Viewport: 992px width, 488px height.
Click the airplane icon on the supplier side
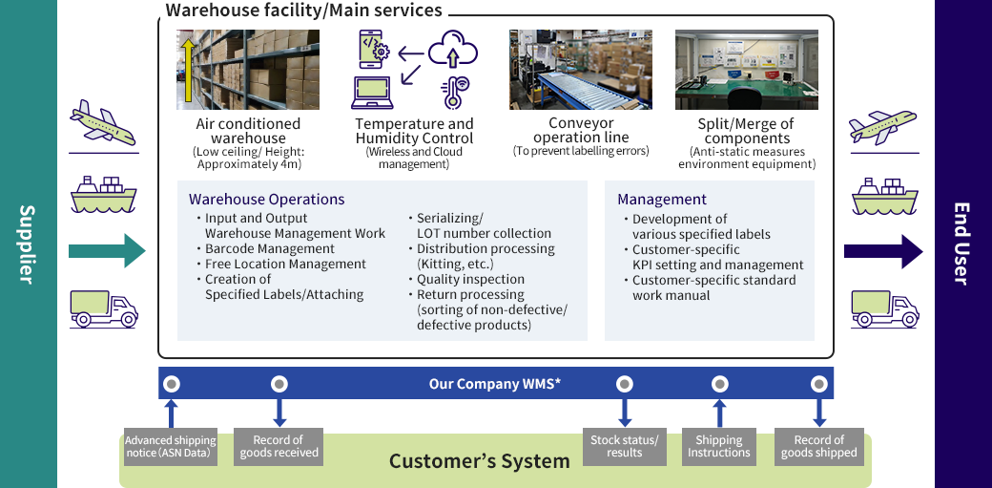[104, 122]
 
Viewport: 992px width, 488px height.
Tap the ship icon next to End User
[883, 198]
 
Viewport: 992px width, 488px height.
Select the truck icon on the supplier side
[104, 308]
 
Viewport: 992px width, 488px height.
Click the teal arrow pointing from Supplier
[106, 252]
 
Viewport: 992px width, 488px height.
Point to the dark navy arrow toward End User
[883, 252]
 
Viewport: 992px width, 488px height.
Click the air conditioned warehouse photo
[235, 70]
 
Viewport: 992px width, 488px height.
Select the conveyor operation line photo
[580, 70]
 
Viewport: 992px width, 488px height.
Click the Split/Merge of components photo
[747, 70]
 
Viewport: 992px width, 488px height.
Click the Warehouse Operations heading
[266, 200]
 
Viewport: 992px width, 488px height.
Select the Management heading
[662, 200]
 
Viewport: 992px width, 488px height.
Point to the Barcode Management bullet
[256, 248]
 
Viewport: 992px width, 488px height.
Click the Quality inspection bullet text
[470, 279]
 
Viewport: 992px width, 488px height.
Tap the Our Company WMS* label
[494, 384]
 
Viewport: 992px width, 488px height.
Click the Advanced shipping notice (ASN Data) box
[171, 446]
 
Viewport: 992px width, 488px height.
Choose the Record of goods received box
[279, 446]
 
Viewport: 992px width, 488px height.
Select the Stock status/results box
[624, 446]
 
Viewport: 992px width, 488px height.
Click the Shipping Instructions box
[719, 446]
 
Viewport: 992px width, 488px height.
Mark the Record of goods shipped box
[818, 446]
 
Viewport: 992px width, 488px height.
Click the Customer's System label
[479, 462]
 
